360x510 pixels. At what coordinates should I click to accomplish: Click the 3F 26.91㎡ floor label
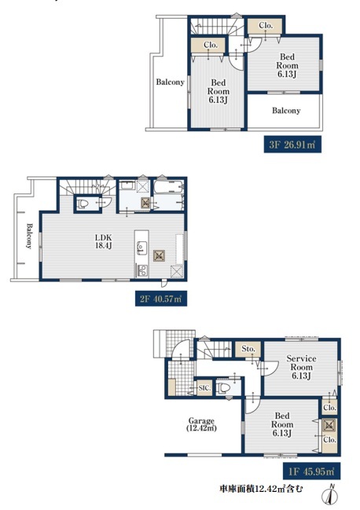(x=292, y=145)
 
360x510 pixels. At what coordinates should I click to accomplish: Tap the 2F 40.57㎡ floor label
(x=160, y=299)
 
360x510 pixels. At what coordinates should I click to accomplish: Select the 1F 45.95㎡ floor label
(x=312, y=471)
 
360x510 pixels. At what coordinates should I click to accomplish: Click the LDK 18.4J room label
(x=104, y=241)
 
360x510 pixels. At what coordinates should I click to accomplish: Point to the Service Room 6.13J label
(x=301, y=367)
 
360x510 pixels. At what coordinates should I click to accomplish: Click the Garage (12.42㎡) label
(x=201, y=424)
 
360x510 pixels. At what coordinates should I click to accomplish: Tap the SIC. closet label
(x=205, y=388)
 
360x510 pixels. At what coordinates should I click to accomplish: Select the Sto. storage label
(x=248, y=349)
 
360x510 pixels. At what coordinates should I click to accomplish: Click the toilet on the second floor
(x=83, y=204)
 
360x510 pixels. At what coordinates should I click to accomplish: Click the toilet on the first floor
(x=224, y=387)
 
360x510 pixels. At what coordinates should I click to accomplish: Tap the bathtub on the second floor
(x=168, y=189)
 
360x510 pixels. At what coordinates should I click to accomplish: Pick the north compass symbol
(x=330, y=496)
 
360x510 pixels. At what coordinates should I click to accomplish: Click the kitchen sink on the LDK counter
(x=141, y=248)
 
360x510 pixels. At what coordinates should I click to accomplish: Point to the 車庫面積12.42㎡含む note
(x=261, y=488)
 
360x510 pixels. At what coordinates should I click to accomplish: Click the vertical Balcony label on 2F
(x=29, y=236)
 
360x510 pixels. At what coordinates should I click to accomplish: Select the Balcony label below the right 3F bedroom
(x=286, y=111)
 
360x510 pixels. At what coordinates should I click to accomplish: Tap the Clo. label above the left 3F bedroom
(x=211, y=45)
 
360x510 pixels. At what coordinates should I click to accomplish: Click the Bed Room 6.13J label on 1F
(x=282, y=424)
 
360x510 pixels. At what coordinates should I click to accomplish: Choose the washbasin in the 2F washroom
(x=127, y=185)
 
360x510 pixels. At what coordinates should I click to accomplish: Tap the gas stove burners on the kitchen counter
(x=142, y=270)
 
